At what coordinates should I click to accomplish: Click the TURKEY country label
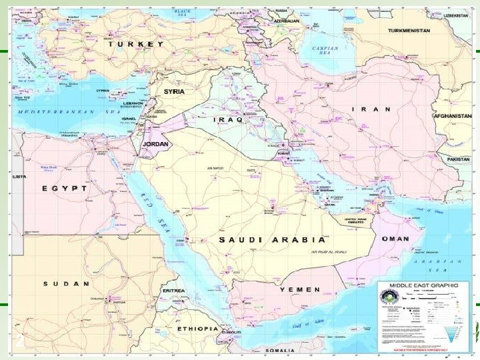(136, 44)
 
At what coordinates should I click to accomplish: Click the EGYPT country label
(65, 189)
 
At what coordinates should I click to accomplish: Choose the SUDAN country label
(67, 283)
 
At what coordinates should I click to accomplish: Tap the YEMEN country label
(299, 290)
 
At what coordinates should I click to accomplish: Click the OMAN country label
(395, 238)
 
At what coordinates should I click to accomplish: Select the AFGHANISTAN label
(453, 115)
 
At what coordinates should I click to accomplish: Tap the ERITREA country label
(173, 309)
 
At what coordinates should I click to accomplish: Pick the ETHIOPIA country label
(197, 329)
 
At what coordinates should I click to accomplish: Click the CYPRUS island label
(102, 91)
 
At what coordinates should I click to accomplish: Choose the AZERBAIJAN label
(281, 21)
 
